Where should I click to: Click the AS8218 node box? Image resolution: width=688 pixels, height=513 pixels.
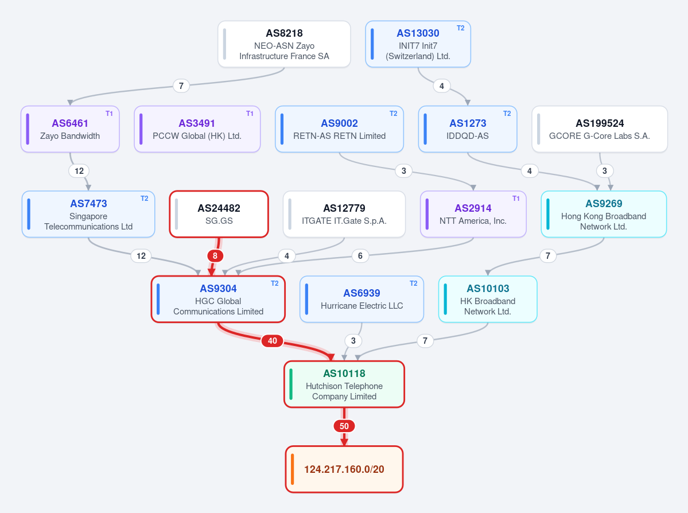[284, 44]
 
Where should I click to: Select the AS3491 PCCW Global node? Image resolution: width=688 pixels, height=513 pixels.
[197, 129]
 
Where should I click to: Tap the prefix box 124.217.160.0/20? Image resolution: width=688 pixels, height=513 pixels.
[344, 469]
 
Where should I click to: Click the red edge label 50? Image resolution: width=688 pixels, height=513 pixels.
[344, 426]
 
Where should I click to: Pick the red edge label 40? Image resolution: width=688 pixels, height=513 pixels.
[273, 341]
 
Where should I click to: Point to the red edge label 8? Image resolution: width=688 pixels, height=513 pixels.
[215, 256]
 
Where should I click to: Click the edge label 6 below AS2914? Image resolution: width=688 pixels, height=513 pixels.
[360, 256]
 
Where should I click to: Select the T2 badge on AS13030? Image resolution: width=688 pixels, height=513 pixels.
[460, 28]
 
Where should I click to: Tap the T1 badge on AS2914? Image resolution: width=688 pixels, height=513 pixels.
[516, 199]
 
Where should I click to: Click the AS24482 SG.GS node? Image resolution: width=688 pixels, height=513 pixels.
[219, 214]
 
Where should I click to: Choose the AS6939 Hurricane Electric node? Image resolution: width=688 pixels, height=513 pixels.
[362, 299]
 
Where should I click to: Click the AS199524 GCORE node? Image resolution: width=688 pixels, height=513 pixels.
[600, 129]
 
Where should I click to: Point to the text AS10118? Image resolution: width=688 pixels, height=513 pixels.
[344, 374]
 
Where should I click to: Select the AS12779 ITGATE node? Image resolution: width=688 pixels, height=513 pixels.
[344, 214]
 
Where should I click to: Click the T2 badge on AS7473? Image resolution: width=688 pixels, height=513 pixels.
[145, 199]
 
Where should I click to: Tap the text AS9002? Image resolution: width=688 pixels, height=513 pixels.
[339, 123]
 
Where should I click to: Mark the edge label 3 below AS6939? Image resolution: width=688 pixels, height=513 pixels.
[353, 341]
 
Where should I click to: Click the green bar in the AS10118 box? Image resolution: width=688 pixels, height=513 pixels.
[291, 384]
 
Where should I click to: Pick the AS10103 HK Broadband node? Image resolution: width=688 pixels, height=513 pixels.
[488, 299]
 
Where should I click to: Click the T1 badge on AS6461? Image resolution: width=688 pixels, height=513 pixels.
[109, 114]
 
